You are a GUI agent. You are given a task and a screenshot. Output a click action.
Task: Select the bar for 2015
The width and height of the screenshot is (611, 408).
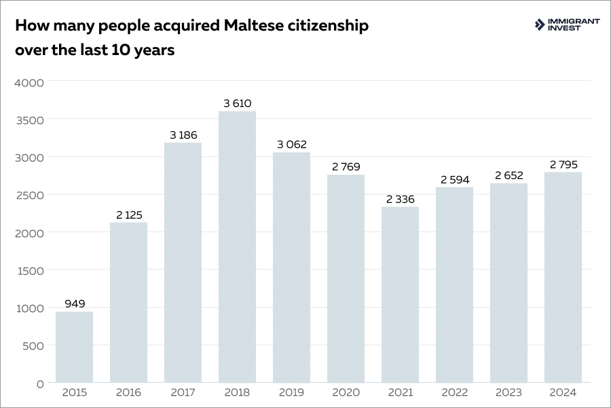coord(74,347)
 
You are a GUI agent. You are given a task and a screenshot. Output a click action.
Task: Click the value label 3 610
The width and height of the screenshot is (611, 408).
coord(237,103)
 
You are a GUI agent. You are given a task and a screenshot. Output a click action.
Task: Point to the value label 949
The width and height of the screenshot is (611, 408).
coord(75,304)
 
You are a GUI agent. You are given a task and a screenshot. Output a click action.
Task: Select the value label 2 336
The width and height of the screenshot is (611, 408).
coord(400,199)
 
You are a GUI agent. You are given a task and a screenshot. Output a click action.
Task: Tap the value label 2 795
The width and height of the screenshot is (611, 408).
coord(563,165)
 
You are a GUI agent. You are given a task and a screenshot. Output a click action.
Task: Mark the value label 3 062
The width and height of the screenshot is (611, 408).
coord(291,145)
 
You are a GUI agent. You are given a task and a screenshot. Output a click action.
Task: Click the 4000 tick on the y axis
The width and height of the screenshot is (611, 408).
coord(29,82)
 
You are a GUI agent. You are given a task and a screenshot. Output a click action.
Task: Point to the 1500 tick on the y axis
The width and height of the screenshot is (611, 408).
coord(29,271)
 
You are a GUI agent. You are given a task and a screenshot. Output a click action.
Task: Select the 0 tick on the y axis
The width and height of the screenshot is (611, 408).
coord(39,384)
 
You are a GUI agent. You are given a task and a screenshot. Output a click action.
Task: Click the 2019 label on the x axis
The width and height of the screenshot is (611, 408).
coord(291,392)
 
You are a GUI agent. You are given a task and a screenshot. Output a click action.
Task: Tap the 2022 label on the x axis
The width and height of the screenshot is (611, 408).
coord(454,392)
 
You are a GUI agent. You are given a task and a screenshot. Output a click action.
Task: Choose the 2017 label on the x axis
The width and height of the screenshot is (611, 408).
coord(183,392)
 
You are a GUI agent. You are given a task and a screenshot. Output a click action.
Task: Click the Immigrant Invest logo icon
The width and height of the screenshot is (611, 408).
coord(540,25)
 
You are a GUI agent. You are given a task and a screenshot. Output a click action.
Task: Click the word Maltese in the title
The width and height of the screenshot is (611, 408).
coord(253,26)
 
